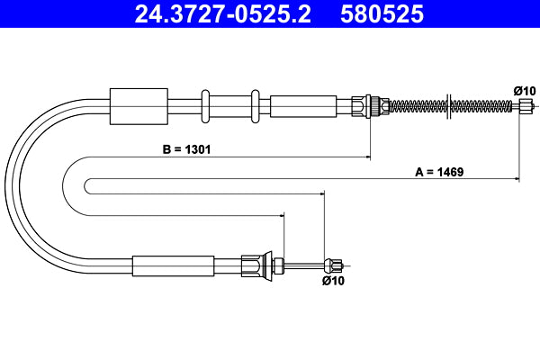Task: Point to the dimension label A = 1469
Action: [x=438, y=171]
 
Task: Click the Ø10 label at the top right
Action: [x=524, y=91]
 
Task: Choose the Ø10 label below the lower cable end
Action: [x=333, y=281]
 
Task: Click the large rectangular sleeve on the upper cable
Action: [x=138, y=106]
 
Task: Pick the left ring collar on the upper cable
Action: [x=206, y=106]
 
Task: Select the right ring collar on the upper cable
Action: [x=256, y=106]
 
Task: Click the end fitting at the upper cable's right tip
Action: [x=526, y=106]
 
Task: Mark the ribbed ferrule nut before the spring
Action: [x=364, y=106]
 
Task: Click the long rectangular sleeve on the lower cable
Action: [x=174, y=265]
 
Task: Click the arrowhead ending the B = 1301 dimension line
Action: [x=367, y=158]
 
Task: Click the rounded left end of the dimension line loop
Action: [x=86, y=186]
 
